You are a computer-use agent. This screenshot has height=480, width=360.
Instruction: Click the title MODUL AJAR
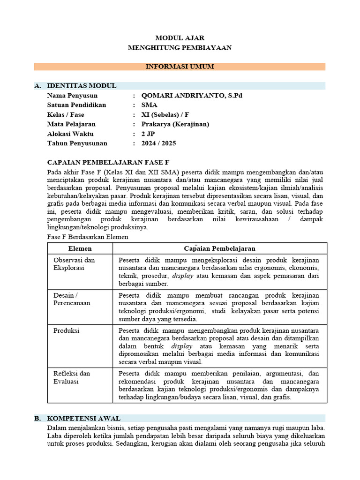tap(180, 38)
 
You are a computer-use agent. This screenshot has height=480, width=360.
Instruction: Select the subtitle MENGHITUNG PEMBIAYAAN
tap(180, 48)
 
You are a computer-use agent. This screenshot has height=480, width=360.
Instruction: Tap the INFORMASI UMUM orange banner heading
tap(180, 67)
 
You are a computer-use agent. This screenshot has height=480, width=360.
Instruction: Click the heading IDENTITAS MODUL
tap(82, 85)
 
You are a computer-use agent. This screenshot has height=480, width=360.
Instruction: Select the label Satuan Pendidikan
tap(77, 105)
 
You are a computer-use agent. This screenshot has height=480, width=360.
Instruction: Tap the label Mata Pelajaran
tap(71, 124)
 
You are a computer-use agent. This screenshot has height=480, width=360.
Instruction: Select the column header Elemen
tap(80, 248)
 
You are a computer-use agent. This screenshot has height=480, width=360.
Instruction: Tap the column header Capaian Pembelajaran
tap(219, 248)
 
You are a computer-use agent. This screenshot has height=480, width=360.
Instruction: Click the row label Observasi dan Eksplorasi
tap(74, 263)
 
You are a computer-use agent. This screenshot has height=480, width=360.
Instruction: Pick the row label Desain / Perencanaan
tap(71, 299)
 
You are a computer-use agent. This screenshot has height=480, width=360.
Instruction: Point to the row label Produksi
tap(67, 330)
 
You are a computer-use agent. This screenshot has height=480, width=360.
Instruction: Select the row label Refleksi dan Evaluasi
tap(72, 377)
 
